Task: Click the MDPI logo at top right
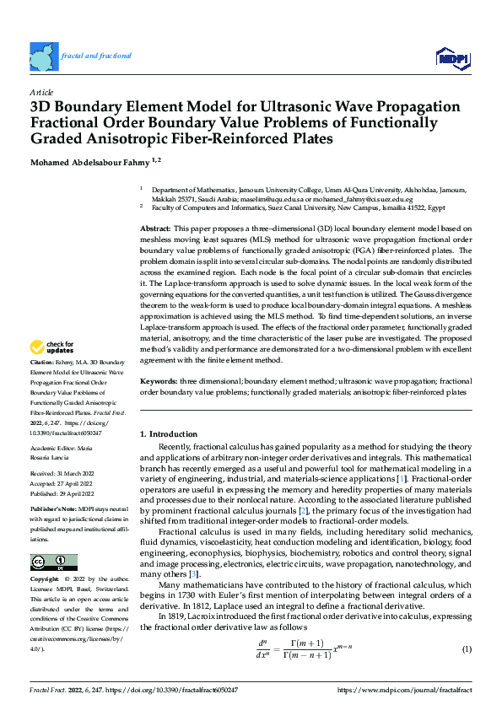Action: (x=451, y=57)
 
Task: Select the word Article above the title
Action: (x=41, y=91)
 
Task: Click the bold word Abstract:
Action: (x=156, y=229)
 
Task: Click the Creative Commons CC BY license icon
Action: (x=53, y=562)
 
